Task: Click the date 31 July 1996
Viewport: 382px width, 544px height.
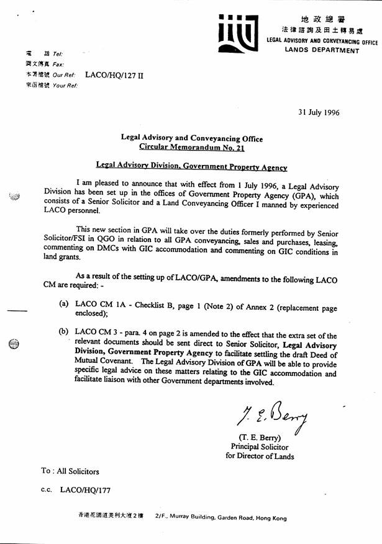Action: tap(319, 112)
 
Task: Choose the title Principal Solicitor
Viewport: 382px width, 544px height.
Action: tap(260, 447)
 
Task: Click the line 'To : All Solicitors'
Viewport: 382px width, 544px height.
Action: tap(70, 471)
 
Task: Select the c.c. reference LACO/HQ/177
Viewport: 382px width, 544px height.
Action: tap(84, 490)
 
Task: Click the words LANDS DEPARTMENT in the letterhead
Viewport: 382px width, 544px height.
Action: tap(322, 50)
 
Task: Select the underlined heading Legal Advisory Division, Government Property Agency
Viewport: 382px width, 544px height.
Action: tap(191, 167)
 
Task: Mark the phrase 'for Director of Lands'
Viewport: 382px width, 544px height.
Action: tap(259, 456)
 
